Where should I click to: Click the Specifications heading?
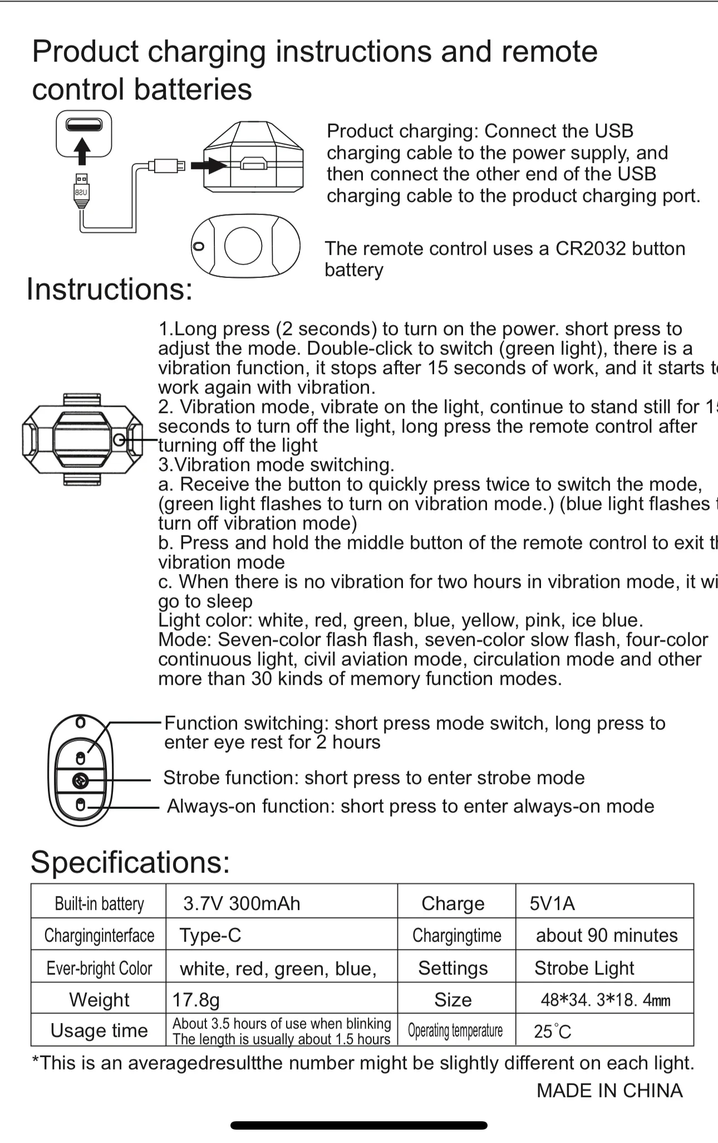pos(130,862)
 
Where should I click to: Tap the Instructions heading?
pos(110,289)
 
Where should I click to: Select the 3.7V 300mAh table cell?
pos(242,903)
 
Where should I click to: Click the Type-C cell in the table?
pos(210,935)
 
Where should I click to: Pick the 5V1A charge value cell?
pos(552,903)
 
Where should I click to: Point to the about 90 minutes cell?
pos(607,935)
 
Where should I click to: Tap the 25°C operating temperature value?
pos(552,1032)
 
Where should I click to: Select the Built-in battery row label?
pos(99,903)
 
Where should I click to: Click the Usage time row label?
pos(99,1030)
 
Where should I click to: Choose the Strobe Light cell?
pos(584,968)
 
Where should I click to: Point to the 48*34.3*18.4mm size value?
pos(606,1000)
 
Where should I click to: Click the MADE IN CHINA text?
pos(609,1091)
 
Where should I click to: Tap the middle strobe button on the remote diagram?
pos(81,781)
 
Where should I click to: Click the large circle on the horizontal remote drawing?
pos(243,246)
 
